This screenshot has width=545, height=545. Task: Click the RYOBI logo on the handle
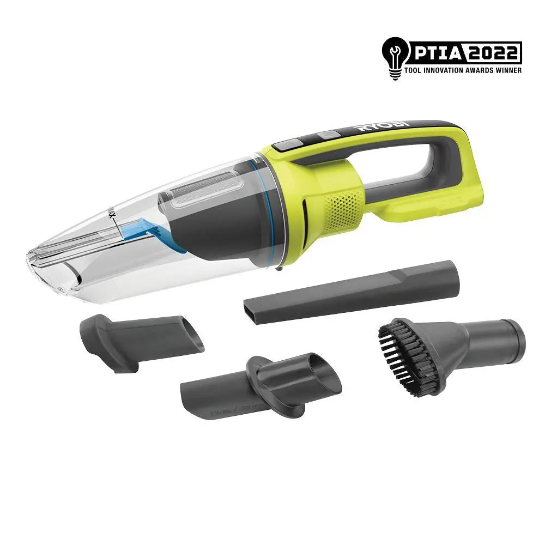point(381,127)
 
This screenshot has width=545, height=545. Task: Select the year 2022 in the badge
point(493,53)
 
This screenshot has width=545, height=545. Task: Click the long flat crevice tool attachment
point(352,294)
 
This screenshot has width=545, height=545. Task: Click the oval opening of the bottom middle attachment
point(321,376)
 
